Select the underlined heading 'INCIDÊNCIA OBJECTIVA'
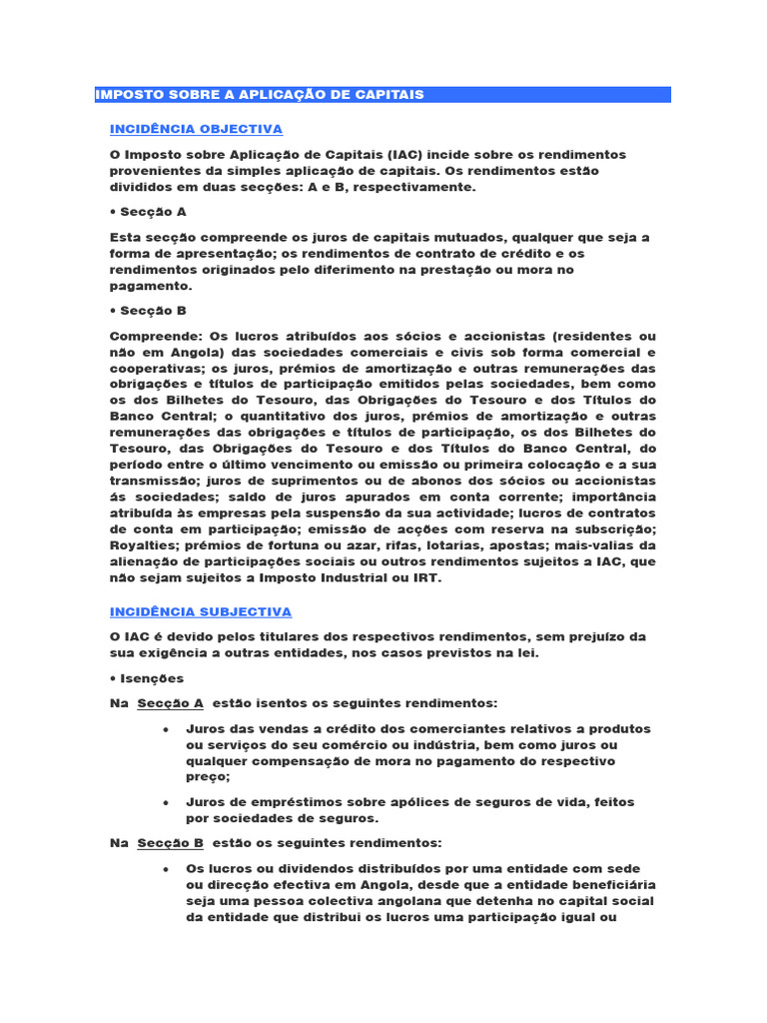[196, 129]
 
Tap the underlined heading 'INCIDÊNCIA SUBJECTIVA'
[200, 611]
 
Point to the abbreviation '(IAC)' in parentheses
[403, 155]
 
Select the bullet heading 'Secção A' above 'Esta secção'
[153, 212]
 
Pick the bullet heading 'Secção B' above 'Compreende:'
[153, 310]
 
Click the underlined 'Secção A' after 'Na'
[170, 702]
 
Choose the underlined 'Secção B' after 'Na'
[170, 842]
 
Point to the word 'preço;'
[208, 776]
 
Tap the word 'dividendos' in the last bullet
[314, 868]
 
